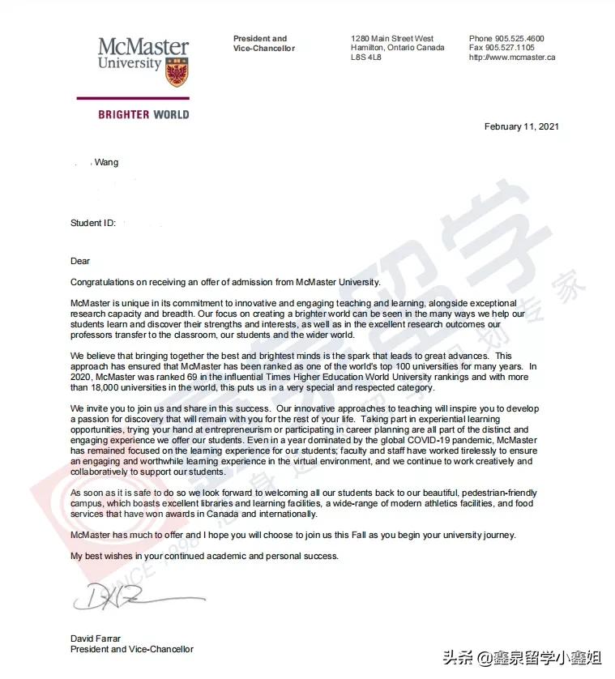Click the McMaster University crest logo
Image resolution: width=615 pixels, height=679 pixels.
(177, 71)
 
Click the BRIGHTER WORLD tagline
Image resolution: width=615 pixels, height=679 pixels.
(143, 114)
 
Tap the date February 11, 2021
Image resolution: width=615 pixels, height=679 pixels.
(521, 126)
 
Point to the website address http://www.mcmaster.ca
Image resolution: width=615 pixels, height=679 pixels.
(512, 58)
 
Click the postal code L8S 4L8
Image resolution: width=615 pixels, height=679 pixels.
(367, 58)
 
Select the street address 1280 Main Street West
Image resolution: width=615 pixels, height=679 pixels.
(392, 38)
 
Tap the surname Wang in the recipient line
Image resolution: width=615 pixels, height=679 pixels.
(106, 163)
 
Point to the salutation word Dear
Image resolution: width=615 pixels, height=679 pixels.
(80, 261)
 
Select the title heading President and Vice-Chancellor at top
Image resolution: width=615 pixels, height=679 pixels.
(264, 43)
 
